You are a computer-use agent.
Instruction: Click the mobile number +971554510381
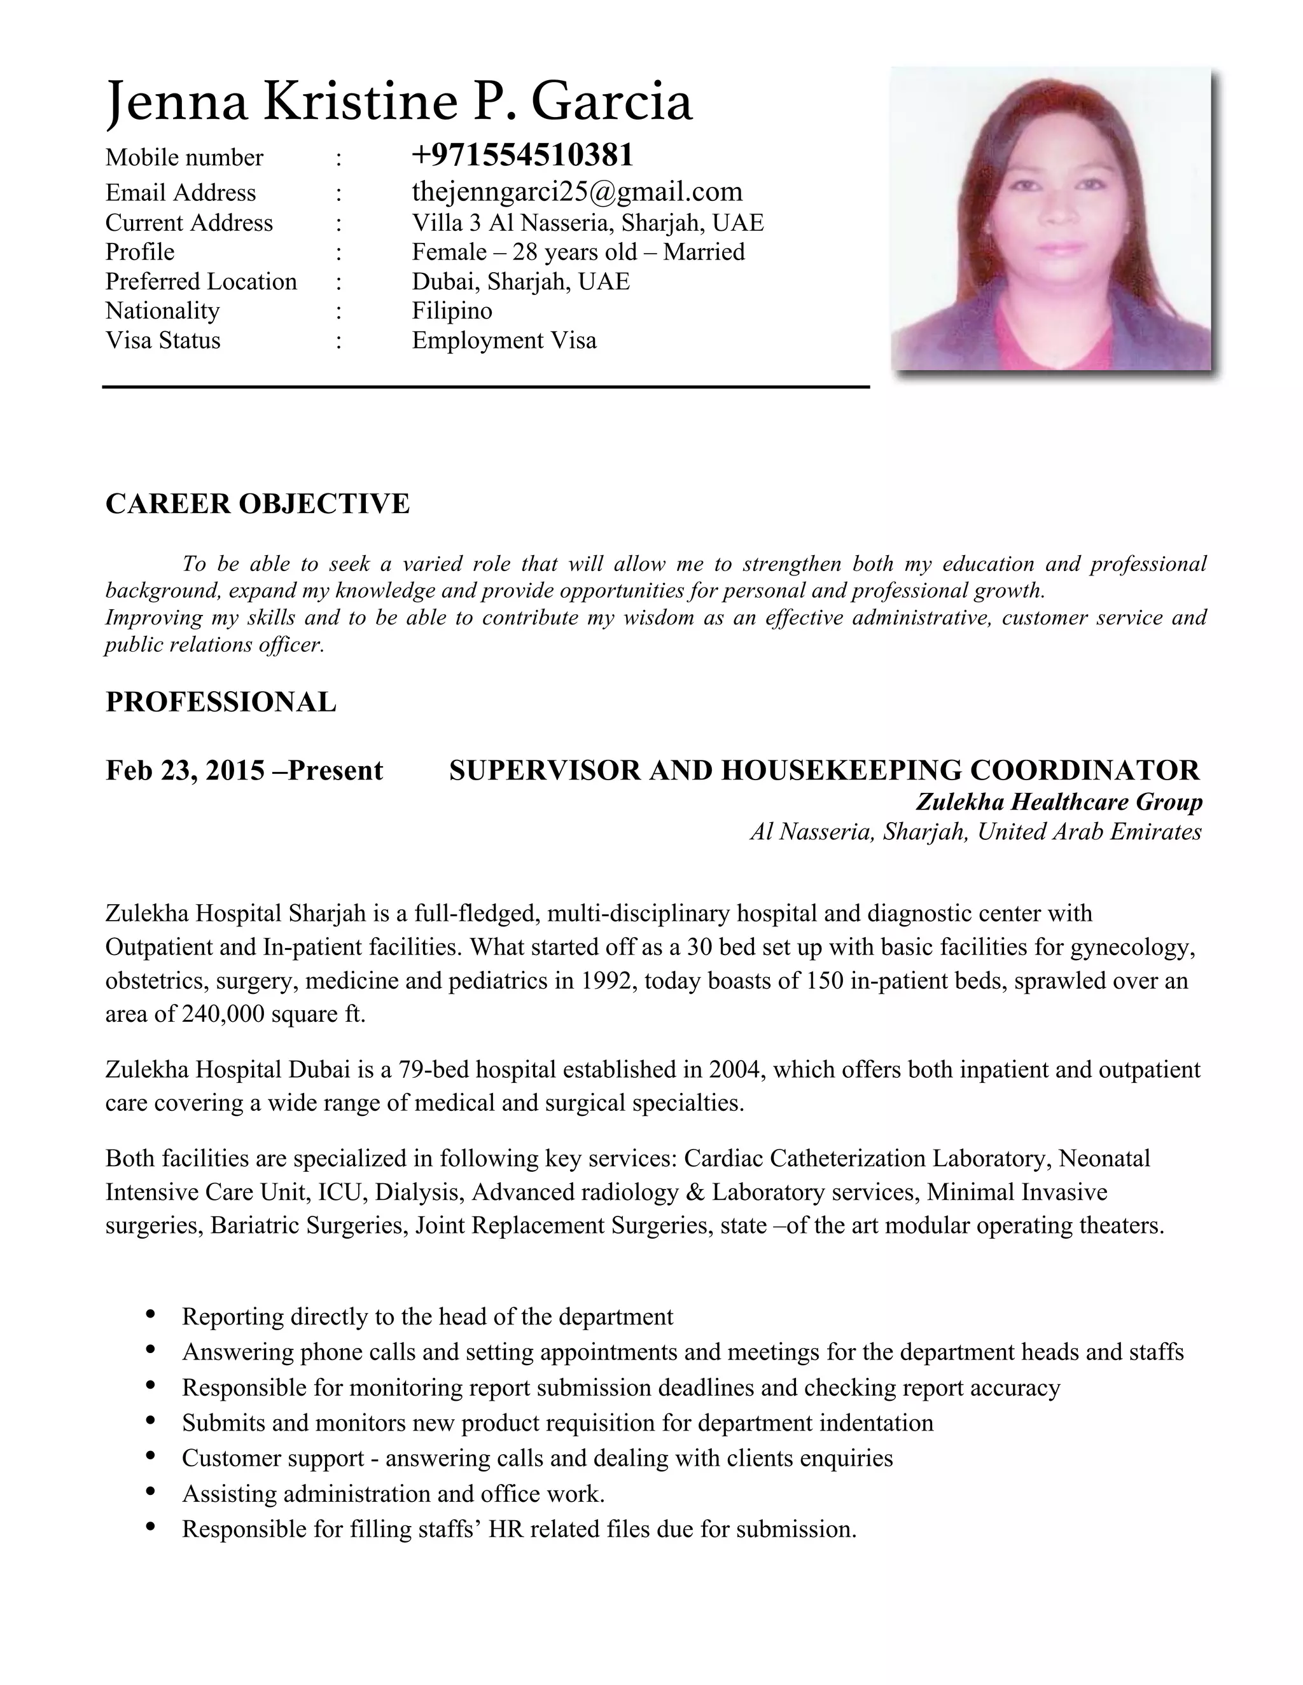point(522,155)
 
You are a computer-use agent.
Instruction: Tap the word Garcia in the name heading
point(611,102)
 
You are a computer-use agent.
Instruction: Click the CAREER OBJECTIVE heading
point(257,503)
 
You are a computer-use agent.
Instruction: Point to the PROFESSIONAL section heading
point(221,701)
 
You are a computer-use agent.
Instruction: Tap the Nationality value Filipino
point(452,310)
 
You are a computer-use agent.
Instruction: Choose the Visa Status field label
point(163,340)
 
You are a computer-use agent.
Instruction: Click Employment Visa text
point(504,340)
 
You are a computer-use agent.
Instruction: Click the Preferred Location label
point(200,281)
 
